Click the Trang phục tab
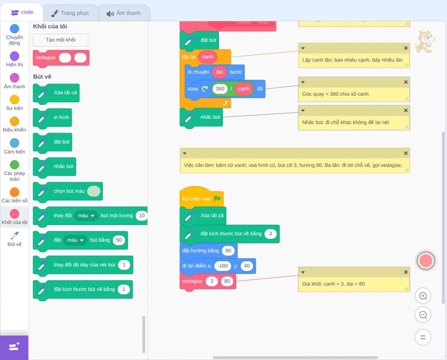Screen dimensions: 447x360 click(x=70, y=13)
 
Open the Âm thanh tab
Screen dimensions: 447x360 click(x=124, y=13)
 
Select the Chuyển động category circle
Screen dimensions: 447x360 click(x=15, y=29)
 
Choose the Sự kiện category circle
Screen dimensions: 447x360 click(x=15, y=100)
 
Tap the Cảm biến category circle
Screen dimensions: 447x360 click(x=15, y=143)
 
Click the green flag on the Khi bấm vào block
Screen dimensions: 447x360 click(x=217, y=198)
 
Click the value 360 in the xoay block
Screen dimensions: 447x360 click(x=220, y=88)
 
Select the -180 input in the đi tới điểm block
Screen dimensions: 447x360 click(x=223, y=266)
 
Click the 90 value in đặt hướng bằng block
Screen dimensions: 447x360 click(x=228, y=251)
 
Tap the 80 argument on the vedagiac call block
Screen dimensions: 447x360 click(x=227, y=281)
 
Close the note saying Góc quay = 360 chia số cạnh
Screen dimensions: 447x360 click(x=406, y=82)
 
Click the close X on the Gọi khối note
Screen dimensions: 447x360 click(x=406, y=272)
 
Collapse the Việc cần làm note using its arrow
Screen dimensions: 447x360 click(x=185, y=153)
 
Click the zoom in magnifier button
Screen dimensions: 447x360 click(x=423, y=296)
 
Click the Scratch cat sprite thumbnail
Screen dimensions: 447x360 click(x=425, y=42)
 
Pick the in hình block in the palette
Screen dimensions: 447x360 click(x=52, y=117)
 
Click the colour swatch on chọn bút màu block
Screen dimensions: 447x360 click(x=94, y=191)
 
